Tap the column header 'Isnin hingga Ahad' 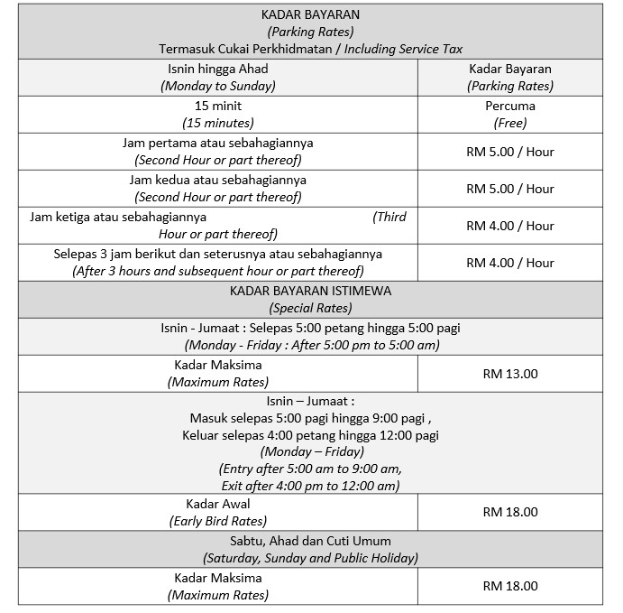[218, 69]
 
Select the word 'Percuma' [510, 106]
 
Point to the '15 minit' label [218, 106]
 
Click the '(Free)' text [510, 123]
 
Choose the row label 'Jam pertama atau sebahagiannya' [218, 143]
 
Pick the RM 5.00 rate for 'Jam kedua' [510, 189]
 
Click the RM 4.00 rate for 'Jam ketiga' [510, 226]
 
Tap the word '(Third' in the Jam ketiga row [389, 217]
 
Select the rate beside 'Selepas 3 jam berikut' [510, 263]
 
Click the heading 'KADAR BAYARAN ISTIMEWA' [310, 291]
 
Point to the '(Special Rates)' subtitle [310, 308]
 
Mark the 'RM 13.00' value [510, 373]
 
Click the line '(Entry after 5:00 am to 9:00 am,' [310, 469]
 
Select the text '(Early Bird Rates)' [218, 521]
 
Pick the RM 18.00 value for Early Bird [510, 512]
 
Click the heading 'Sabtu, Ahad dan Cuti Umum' [310, 540]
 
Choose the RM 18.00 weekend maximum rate [510, 586]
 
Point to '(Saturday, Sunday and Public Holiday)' [310, 558]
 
